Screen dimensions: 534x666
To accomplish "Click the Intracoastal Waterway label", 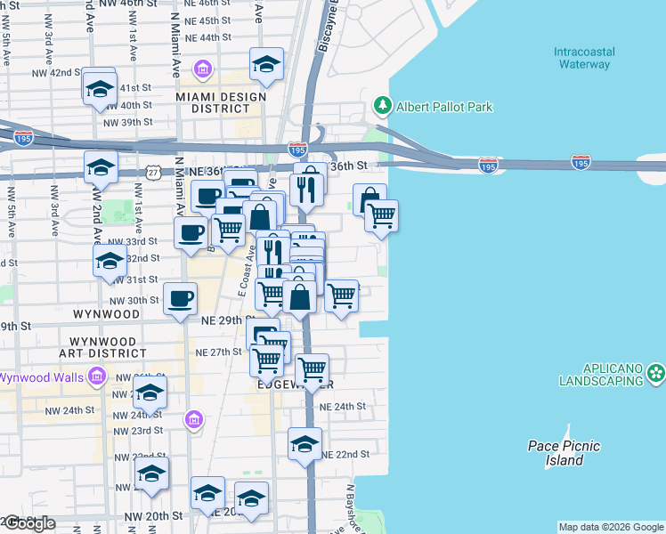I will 582,58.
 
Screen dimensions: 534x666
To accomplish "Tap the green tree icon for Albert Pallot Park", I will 384,107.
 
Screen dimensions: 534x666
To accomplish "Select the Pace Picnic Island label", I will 564,453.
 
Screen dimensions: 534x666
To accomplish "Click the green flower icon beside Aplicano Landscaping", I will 656,373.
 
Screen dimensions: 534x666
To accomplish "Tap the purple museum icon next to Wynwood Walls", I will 98,377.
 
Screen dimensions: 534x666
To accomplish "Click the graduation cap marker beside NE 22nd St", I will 305,444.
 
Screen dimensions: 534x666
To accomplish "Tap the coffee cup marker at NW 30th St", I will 180,298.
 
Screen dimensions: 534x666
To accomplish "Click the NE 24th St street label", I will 343,406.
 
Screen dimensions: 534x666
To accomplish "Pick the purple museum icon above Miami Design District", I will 203,69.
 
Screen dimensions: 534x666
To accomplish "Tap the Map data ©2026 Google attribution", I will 611,527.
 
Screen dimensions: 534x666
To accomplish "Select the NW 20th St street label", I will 153,516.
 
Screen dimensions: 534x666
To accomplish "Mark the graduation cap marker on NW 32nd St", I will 109,260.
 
